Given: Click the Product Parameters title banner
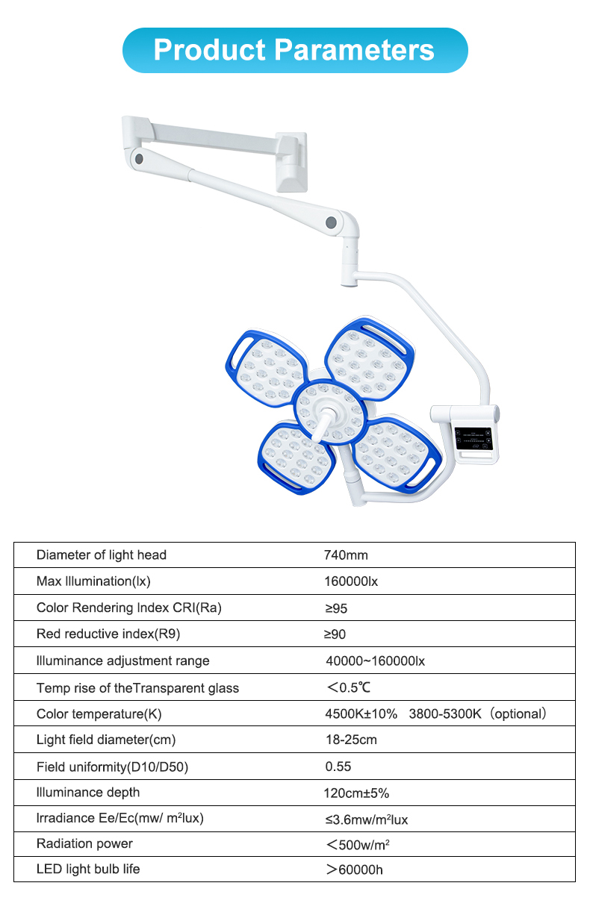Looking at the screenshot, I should [x=294, y=50].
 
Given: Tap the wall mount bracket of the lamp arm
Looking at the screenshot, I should [x=291, y=160].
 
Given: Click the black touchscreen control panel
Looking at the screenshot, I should [x=473, y=440].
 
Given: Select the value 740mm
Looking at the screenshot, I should [x=346, y=555].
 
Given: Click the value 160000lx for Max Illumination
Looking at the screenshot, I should [x=351, y=581].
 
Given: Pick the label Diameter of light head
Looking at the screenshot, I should [x=102, y=555].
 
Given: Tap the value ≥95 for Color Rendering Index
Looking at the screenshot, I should [x=336, y=608].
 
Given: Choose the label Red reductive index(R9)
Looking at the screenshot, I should [x=109, y=634].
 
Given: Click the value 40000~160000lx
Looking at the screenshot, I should [x=375, y=661].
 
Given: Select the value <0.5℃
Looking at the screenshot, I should [x=349, y=687].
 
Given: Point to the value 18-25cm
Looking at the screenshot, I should [x=350, y=740].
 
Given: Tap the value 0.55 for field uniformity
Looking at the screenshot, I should [x=338, y=767].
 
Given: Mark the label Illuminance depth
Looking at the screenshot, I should [x=88, y=792].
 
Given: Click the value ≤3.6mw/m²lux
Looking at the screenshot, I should [x=366, y=820].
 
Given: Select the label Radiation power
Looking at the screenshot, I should [x=84, y=843].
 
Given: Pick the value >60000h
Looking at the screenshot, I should [x=354, y=870].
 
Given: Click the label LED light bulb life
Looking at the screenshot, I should [x=88, y=869].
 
